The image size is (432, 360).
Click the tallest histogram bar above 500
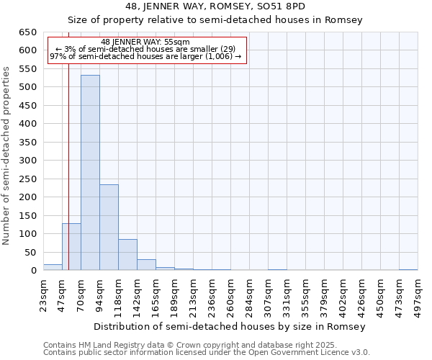pos(90,173)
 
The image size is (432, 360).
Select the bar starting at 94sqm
pos(109,228)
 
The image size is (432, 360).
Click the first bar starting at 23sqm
pos(53,267)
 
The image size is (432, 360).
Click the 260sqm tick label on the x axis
pos(231,294)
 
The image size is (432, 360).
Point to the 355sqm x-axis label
pos(306,294)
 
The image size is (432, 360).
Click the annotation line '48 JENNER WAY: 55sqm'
pos(145,42)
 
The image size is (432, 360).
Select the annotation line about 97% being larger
pos(145,56)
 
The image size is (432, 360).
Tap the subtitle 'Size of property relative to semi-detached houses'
pos(215,20)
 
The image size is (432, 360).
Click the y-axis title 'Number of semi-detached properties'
pos(7,155)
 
